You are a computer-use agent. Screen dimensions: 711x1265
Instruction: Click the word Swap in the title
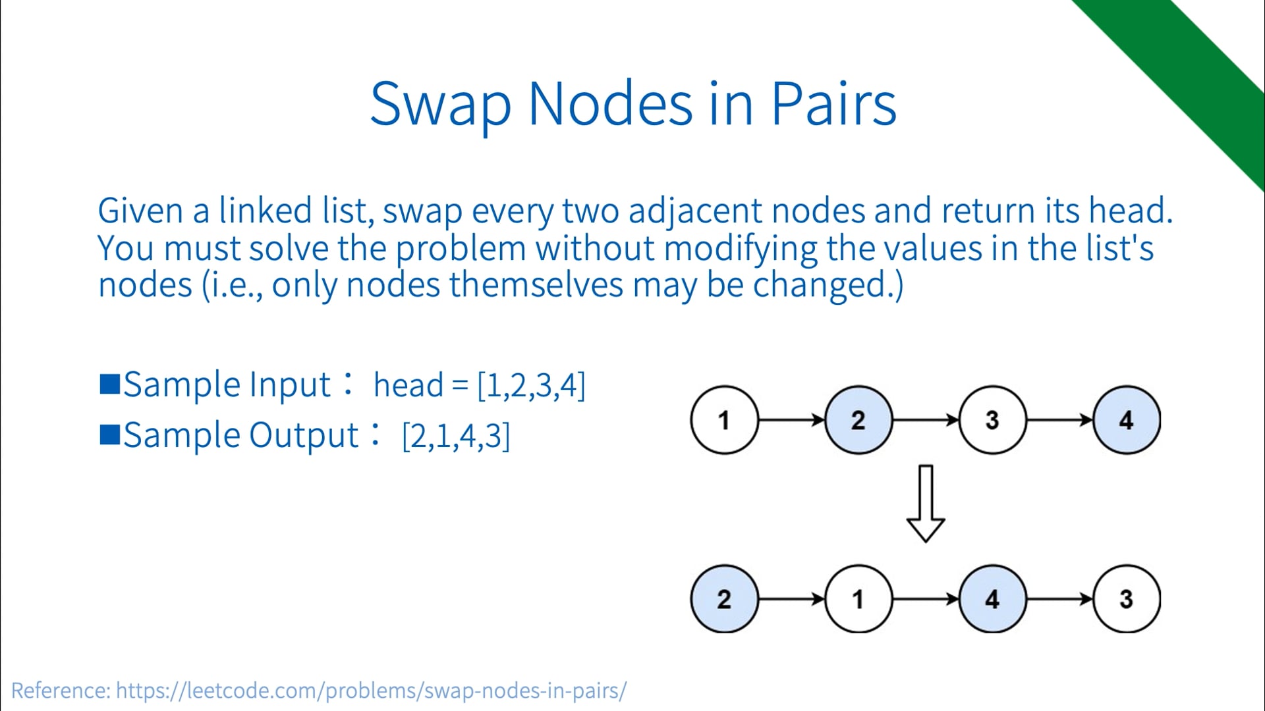click(440, 104)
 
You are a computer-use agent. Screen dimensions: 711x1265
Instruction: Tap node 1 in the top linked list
click(724, 420)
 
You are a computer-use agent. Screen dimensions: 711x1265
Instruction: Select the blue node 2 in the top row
click(858, 420)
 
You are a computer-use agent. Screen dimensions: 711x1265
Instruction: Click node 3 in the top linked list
click(992, 420)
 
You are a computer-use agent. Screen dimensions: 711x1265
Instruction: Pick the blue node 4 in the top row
click(1126, 420)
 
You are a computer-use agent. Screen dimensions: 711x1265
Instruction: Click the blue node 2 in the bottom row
click(724, 599)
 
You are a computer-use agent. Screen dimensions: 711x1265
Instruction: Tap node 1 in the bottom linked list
click(858, 599)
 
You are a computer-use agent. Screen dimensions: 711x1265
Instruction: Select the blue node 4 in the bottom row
click(992, 599)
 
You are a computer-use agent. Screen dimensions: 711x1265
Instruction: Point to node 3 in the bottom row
click(1126, 599)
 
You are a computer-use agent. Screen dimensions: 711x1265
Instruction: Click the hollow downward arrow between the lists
click(926, 504)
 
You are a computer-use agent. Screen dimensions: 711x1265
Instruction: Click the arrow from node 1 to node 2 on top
click(791, 420)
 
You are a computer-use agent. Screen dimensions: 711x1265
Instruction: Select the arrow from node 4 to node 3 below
click(1059, 599)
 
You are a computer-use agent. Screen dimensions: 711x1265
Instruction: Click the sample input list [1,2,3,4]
click(531, 385)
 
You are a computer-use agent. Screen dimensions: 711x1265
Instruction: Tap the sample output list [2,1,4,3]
click(456, 436)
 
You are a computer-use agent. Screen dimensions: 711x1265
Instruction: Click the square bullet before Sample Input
click(109, 384)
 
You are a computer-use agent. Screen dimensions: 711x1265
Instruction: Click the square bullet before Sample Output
click(109, 434)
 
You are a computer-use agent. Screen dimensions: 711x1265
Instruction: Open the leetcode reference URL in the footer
click(371, 691)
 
